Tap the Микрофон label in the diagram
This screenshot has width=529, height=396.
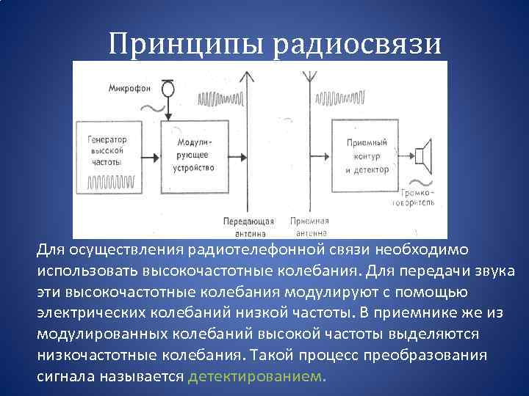click(x=130, y=89)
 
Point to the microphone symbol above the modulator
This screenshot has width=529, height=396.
click(x=169, y=88)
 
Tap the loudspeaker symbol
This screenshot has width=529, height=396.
click(x=422, y=155)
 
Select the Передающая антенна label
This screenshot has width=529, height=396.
click(x=248, y=227)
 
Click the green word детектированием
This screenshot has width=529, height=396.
click(x=256, y=376)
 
